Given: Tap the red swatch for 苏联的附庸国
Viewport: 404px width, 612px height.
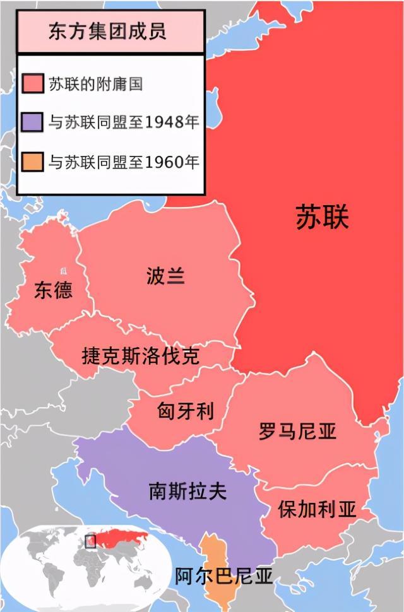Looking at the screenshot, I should (x=32, y=83).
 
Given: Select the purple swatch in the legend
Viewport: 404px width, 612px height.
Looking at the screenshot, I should (x=32, y=122).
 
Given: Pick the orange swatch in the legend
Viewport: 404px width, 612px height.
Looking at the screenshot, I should (x=32, y=162).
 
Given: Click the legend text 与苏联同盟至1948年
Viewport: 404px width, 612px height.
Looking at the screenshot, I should (x=124, y=122).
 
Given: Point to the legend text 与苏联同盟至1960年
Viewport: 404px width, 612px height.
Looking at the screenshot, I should (x=124, y=162).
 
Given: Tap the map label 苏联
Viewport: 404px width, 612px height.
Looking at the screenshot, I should (x=322, y=218).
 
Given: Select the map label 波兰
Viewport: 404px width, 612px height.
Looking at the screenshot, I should (x=165, y=276).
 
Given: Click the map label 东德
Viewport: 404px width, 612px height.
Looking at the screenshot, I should (x=53, y=290).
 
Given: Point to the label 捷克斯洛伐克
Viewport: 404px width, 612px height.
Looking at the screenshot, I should (x=140, y=356).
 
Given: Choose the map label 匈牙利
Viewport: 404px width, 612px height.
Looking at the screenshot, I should (x=185, y=411).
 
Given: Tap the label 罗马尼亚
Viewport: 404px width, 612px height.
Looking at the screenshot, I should (x=297, y=432).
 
